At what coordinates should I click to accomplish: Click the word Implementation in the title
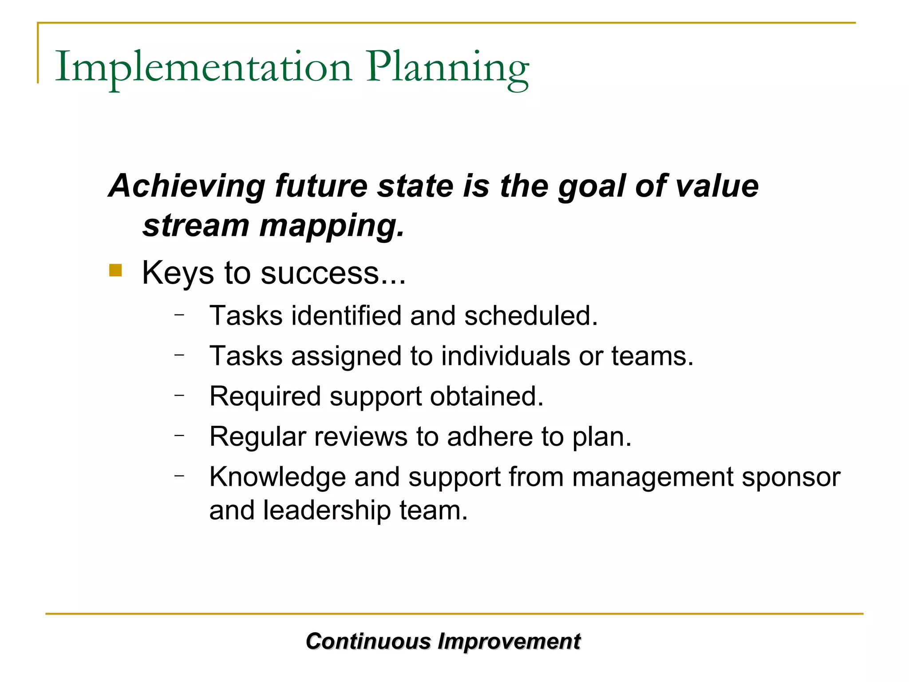click(x=203, y=67)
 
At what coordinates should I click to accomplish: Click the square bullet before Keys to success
click(x=115, y=270)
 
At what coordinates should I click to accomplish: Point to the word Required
click(x=265, y=397)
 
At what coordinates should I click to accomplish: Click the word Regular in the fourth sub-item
click(x=258, y=436)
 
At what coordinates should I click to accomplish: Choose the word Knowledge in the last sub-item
click(x=277, y=477)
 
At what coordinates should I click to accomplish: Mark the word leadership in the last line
click(x=327, y=510)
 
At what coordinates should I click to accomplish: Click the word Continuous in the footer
click(x=368, y=642)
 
